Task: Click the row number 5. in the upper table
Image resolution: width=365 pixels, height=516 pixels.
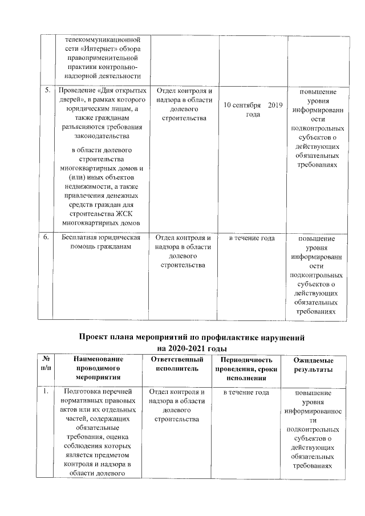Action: [x=46, y=91]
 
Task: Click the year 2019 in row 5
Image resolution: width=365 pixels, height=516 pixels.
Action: [x=275, y=105]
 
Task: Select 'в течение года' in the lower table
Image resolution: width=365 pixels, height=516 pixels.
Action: [x=246, y=392]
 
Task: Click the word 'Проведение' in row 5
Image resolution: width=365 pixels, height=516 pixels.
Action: [x=75, y=91]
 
